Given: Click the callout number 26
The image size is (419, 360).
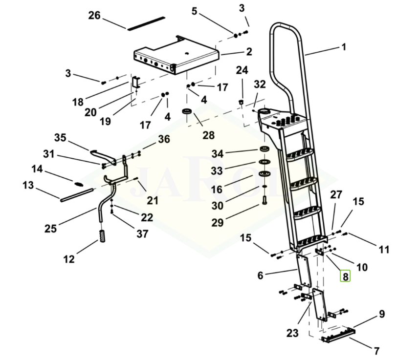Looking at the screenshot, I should click(94, 16).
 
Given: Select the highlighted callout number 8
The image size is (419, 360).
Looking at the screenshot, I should click(346, 276).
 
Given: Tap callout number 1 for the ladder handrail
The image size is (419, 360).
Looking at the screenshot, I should click(344, 47).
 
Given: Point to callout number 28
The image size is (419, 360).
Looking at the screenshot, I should click(209, 134).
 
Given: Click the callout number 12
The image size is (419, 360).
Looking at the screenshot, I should click(69, 259).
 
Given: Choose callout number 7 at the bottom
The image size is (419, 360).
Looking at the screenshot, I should click(376, 350).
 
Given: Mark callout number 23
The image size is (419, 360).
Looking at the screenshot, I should click(292, 334).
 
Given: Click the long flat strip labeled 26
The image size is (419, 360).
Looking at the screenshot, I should click(146, 23).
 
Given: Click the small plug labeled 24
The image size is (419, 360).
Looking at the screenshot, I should click(241, 102).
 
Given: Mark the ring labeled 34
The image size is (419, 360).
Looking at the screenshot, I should click(263, 149).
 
